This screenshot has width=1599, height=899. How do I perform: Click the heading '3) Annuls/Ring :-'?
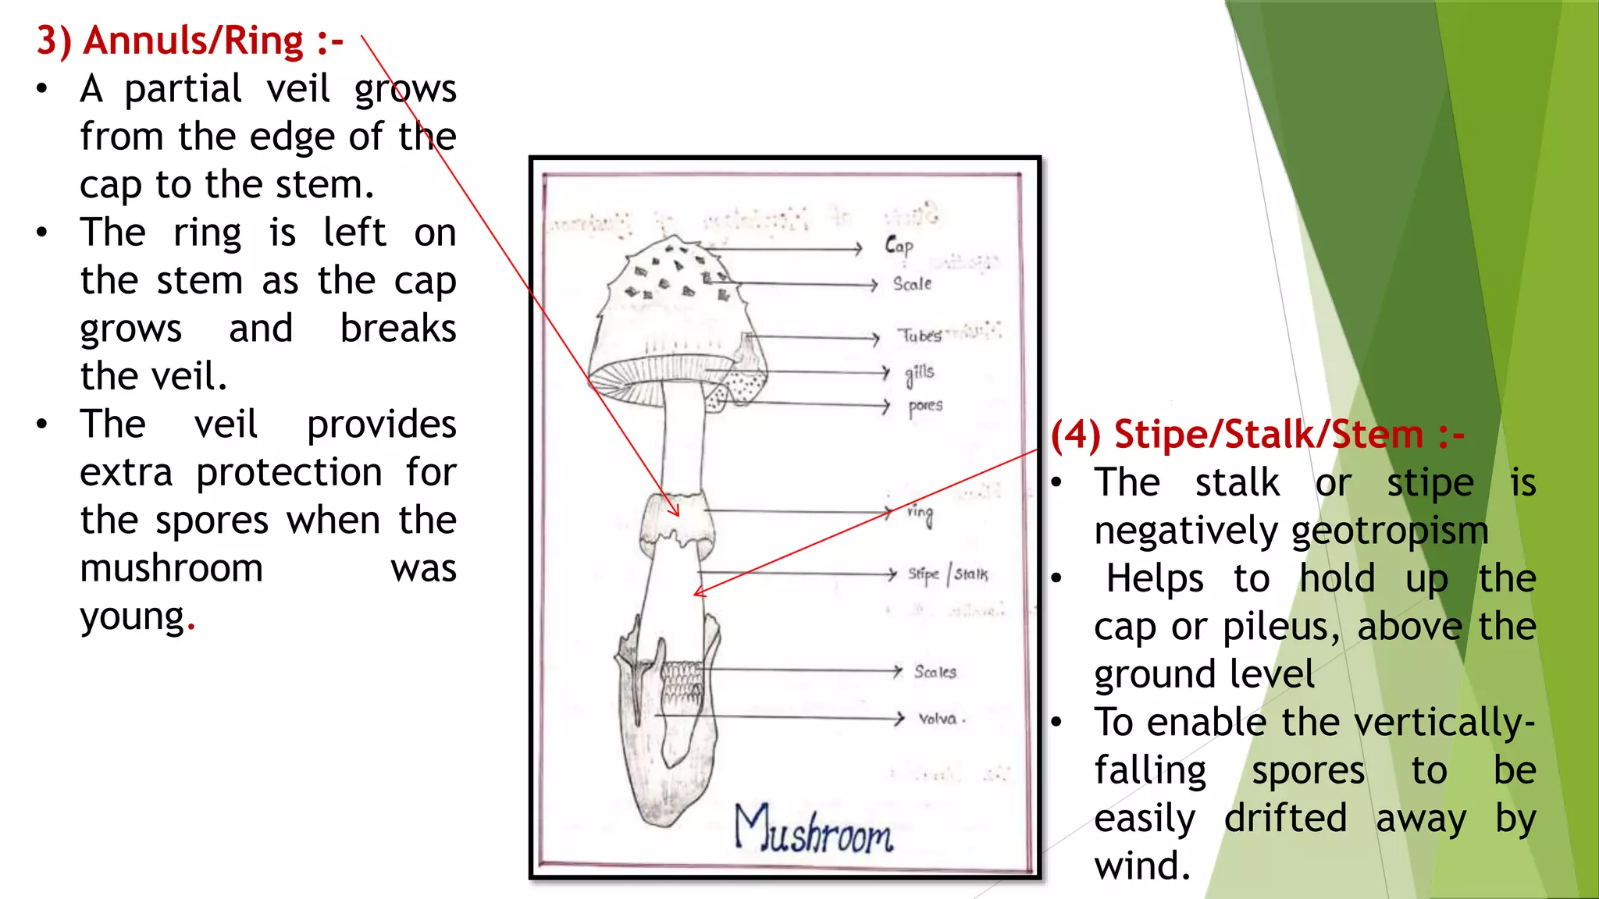pyautogui.click(x=190, y=41)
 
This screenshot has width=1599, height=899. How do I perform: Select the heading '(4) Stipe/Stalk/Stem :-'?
pyautogui.click(x=1257, y=435)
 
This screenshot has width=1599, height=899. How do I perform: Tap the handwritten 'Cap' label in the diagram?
pyautogui.click(x=899, y=247)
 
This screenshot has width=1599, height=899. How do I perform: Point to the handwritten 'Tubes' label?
pyautogui.click(x=919, y=336)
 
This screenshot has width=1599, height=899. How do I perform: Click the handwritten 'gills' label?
pyautogui.click(x=919, y=374)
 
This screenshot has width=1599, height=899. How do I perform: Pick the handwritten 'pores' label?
pyautogui.click(x=925, y=407)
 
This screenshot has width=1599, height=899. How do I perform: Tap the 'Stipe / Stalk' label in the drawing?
pyautogui.click(x=947, y=574)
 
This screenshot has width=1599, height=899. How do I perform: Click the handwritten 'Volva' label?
pyautogui.click(x=938, y=719)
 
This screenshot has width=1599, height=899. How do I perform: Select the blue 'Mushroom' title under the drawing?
pyautogui.click(x=813, y=830)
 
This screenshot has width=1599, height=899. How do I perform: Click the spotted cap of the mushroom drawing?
pyautogui.click(x=675, y=297)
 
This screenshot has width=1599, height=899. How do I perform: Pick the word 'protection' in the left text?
pyautogui.click(x=289, y=473)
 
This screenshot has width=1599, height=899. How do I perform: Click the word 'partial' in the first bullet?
pyautogui.click(x=183, y=90)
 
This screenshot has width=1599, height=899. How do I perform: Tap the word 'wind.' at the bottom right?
pyautogui.click(x=1142, y=866)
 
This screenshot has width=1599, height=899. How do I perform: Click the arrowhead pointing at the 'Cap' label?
pyautogui.click(x=858, y=249)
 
